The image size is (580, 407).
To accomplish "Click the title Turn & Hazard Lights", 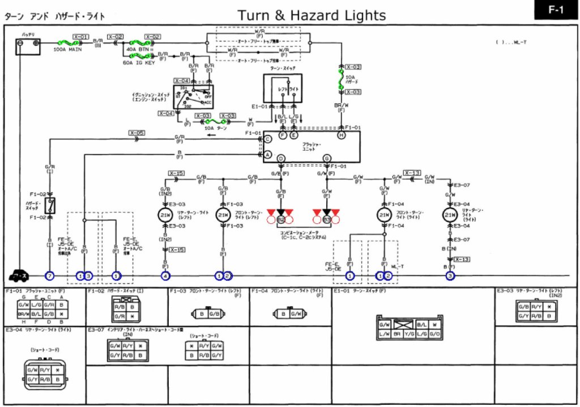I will pos(312,15).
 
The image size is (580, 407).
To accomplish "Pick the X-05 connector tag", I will pos(137,133).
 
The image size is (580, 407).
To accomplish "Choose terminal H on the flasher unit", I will pos(341,135).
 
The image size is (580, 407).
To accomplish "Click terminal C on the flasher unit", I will pos(267,138).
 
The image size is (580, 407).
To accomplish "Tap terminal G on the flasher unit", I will pos(327,158).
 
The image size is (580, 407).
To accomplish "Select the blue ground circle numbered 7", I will pos(50,276).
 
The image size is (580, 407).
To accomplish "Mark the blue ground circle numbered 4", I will pos(165,276).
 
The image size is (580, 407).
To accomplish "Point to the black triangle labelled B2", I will pos(280,213).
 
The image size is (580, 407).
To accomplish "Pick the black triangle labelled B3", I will pos(326,213).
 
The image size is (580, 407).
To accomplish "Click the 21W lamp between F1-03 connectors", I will pos(223,215).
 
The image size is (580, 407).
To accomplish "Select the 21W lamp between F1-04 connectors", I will pos(385,215).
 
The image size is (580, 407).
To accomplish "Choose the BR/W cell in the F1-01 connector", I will pos(24,313).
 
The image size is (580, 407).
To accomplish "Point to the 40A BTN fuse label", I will pos(138,50).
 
